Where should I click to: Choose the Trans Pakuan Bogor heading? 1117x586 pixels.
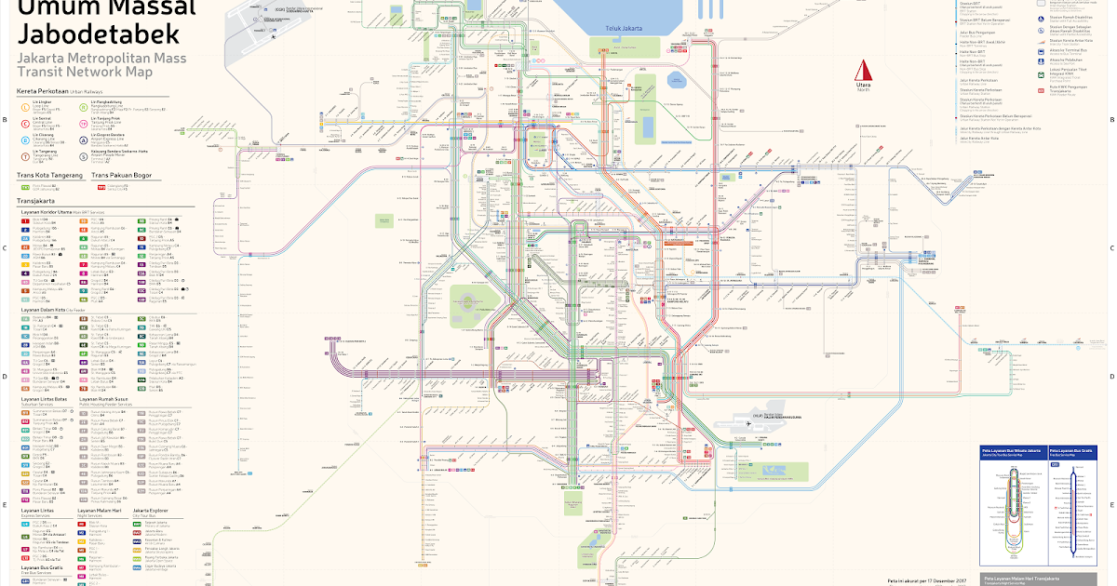tap(129, 175)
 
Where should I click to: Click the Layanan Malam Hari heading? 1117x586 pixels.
tap(101, 510)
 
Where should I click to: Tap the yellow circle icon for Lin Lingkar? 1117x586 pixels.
tap(24, 104)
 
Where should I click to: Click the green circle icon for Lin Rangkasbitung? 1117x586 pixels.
tap(83, 104)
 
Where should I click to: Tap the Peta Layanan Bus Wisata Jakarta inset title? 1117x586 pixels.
tap(1011, 449)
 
